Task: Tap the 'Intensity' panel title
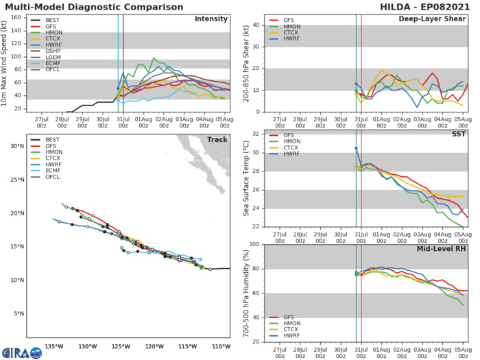(x=211, y=19)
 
